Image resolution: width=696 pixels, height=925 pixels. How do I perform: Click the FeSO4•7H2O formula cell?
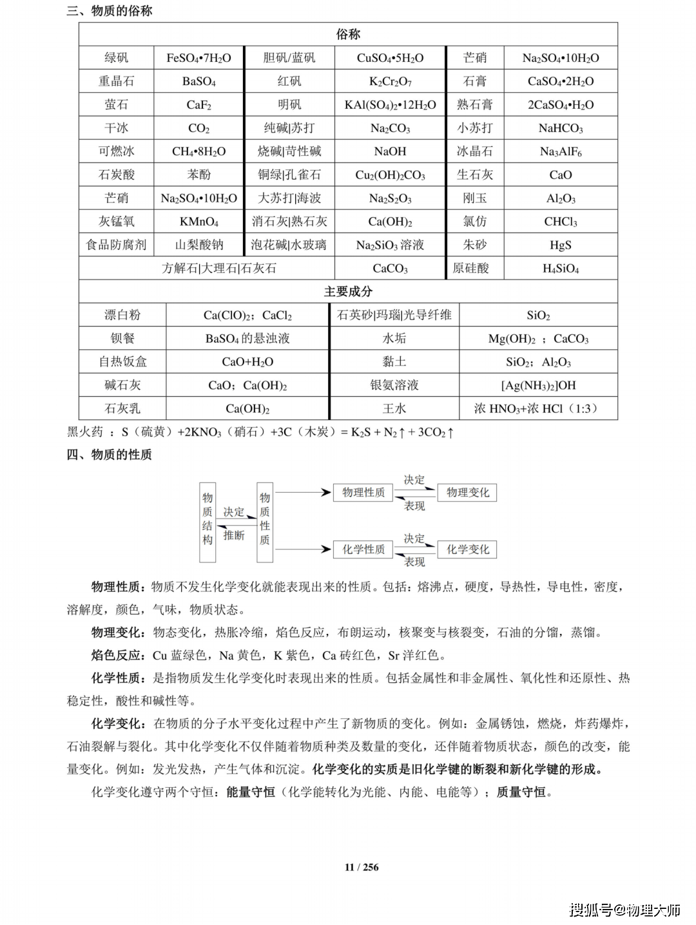pos(198,58)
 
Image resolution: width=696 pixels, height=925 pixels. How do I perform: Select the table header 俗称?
pos(348,34)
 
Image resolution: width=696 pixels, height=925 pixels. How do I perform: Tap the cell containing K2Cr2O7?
pos(390,81)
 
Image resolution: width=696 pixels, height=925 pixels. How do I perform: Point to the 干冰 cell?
pos(116,128)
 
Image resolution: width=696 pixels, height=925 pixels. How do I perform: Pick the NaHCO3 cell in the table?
pos(560,128)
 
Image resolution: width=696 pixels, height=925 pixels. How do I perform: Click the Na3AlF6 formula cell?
pos(560,151)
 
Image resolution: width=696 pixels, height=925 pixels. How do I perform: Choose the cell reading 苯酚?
pos(198,175)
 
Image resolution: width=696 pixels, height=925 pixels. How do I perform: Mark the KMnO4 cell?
pos(198,222)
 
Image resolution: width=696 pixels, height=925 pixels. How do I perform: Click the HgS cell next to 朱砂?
pos(560,245)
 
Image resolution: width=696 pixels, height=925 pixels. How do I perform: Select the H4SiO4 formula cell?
pos(560,269)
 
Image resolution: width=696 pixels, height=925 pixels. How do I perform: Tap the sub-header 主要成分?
pos(348,292)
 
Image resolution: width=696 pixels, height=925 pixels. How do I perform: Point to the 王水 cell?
pos(394,408)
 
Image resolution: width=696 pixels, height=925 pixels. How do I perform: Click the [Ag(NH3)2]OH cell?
pos(538,385)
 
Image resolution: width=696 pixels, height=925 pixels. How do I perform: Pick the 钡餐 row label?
pos(122,338)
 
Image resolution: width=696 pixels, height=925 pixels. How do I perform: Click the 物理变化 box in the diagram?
pos(467,493)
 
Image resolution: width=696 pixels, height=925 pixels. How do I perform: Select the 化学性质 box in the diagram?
pos(363,549)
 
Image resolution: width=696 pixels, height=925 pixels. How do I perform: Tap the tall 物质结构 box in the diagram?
pos(208,522)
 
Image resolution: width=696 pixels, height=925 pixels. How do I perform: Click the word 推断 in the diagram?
pos(234,535)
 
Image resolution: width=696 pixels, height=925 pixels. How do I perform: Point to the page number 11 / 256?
pos(362,867)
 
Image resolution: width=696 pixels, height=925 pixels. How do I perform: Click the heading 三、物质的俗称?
pos(110,11)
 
